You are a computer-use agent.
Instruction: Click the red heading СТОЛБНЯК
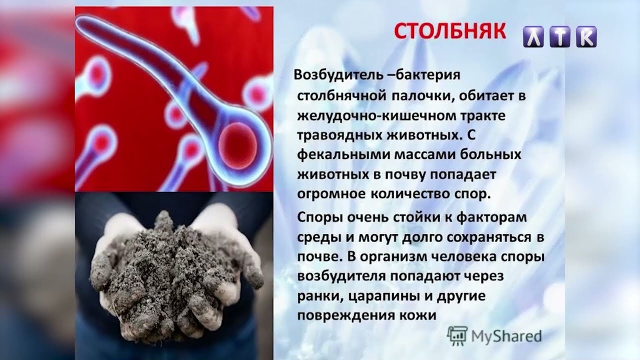(x=450, y=31)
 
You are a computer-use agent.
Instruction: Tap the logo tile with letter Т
(x=560, y=36)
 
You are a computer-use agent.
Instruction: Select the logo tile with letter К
(x=586, y=36)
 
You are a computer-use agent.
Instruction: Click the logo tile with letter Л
(x=533, y=36)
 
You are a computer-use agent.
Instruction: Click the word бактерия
(x=427, y=75)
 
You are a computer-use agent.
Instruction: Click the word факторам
(x=491, y=217)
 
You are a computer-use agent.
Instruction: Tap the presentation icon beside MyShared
(x=457, y=336)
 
